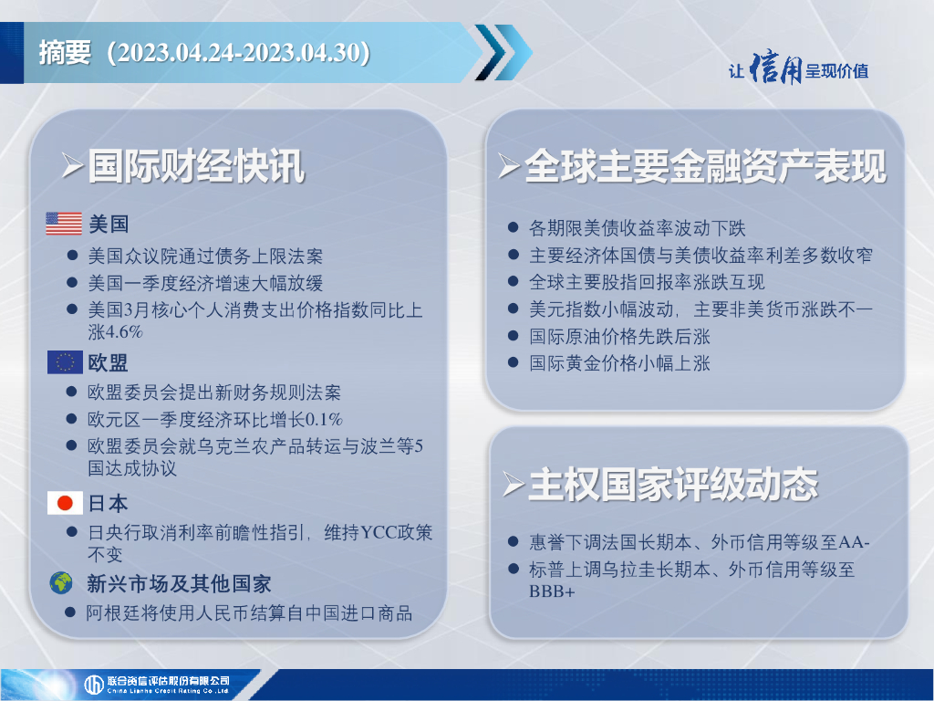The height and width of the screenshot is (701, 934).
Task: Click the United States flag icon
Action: pyautogui.click(x=64, y=224)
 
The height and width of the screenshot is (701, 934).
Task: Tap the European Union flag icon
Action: pyautogui.click(x=65, y=361)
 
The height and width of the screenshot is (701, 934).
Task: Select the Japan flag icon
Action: pyautogui.click(x=65, y=503)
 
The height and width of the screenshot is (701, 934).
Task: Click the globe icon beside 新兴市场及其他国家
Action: pyautogui.click(x=61, y=583)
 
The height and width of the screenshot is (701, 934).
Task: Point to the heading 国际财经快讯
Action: pyautogui.click(x=197, y=166)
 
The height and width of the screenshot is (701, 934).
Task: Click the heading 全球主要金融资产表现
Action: pyautogui.click(x=706, y=166)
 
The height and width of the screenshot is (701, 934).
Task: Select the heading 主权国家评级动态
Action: pyautogui.click(x=673, y=484)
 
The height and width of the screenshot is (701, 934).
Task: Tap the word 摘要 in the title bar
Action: pyautogui.click(x=65, y=52)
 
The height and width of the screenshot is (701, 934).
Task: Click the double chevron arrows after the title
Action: pyautogui.click(x=503, y=52)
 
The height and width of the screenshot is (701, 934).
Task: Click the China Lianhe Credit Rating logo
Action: pyautogui.click(x=157, y=685)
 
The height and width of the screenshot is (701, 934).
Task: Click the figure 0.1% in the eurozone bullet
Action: pyautogui.click(x=324, y=420)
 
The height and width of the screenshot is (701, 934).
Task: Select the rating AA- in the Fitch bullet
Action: pyautogui.click(x=854, y=542)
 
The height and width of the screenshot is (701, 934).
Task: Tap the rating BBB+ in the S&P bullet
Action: pyautogui.click(x=552, y=591)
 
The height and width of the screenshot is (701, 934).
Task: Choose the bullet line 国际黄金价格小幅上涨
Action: pyautogui.click(x=619, y=363)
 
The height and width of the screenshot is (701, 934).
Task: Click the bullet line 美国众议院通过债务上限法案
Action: pyautogui.click(x=205, y=256)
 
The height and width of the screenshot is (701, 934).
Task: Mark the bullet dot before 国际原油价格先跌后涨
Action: pyautogui.click(x=513, y=336)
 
